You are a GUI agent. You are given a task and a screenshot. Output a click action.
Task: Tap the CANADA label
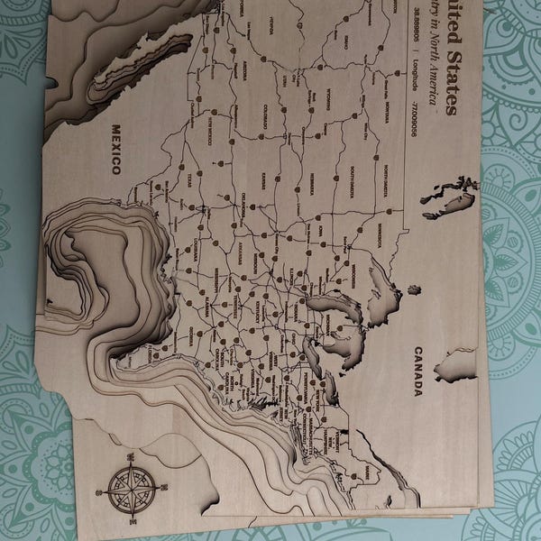click(418, 371)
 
